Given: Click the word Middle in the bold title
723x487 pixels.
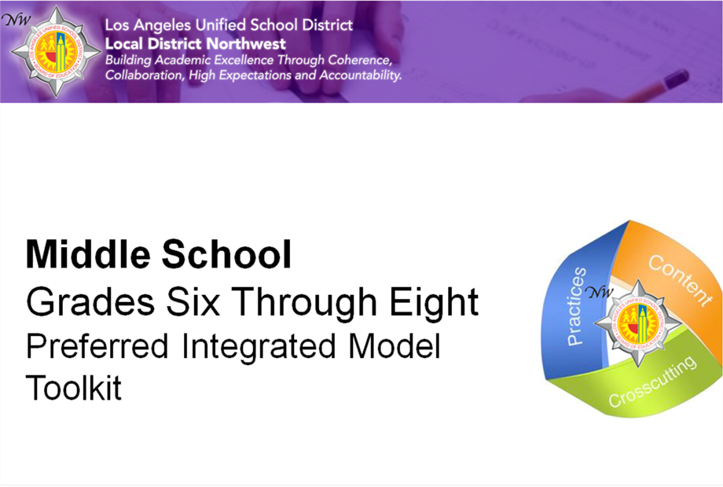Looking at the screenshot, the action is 88,254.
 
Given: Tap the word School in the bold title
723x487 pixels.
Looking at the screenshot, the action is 226,254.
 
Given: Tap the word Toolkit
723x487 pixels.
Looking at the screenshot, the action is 73,387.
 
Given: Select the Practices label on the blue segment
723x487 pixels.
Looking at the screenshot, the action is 576,306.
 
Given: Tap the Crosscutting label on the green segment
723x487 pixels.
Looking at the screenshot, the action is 652,382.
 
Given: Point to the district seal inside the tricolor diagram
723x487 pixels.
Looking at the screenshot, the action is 638,323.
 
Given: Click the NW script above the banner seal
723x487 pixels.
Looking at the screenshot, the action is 17,20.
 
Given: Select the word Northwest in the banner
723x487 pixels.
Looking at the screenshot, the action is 246,44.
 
